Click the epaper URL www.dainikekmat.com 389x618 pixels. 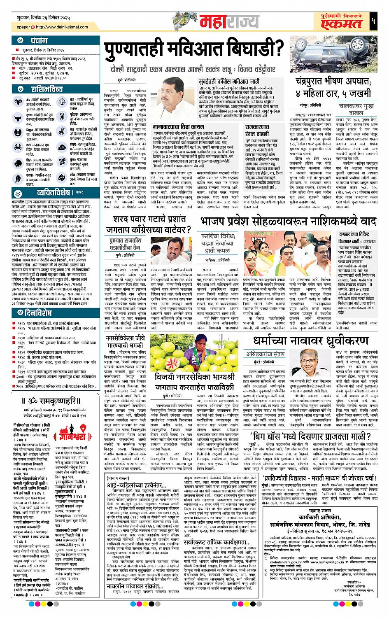click(x=60, y=27)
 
